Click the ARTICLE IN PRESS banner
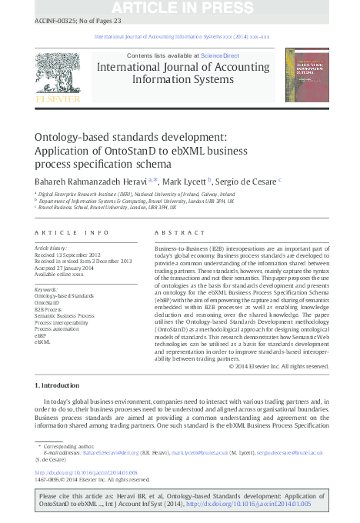point(179,8)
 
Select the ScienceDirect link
point(218,56)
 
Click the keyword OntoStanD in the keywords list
point(48,302)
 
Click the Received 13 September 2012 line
point(68,255)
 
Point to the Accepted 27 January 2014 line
point(66,268)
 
